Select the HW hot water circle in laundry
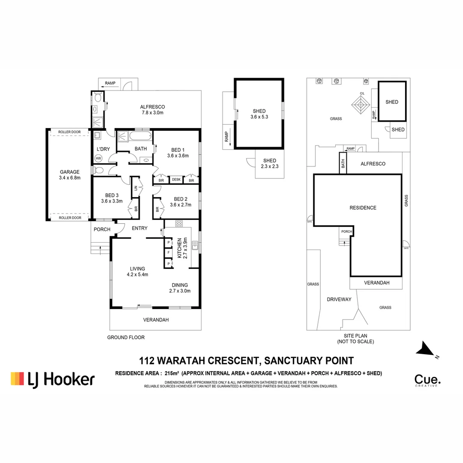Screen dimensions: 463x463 [x=98, y=158]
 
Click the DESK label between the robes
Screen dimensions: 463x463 [x=176, y=180]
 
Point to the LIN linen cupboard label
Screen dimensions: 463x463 [x=135, y=188]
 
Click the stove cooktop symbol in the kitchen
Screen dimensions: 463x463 [x=179, y=223]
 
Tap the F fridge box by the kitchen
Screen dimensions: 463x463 [x=169, y=253]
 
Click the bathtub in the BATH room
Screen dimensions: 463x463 [x=140, y=137]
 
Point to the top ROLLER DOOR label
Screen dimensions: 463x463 [x=69, y=132]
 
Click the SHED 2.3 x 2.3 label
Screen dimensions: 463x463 [x=270, y=163]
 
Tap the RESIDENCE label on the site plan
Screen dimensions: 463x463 [x=363, y=208]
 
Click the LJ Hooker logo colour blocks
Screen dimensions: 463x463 [x=18, y=379]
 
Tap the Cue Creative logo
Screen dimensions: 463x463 [x=427, y=380]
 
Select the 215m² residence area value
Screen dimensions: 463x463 [x=172, y=373]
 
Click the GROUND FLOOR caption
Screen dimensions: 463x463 [x=126, y=337]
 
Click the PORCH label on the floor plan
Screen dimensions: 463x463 [x=102, y=229]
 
